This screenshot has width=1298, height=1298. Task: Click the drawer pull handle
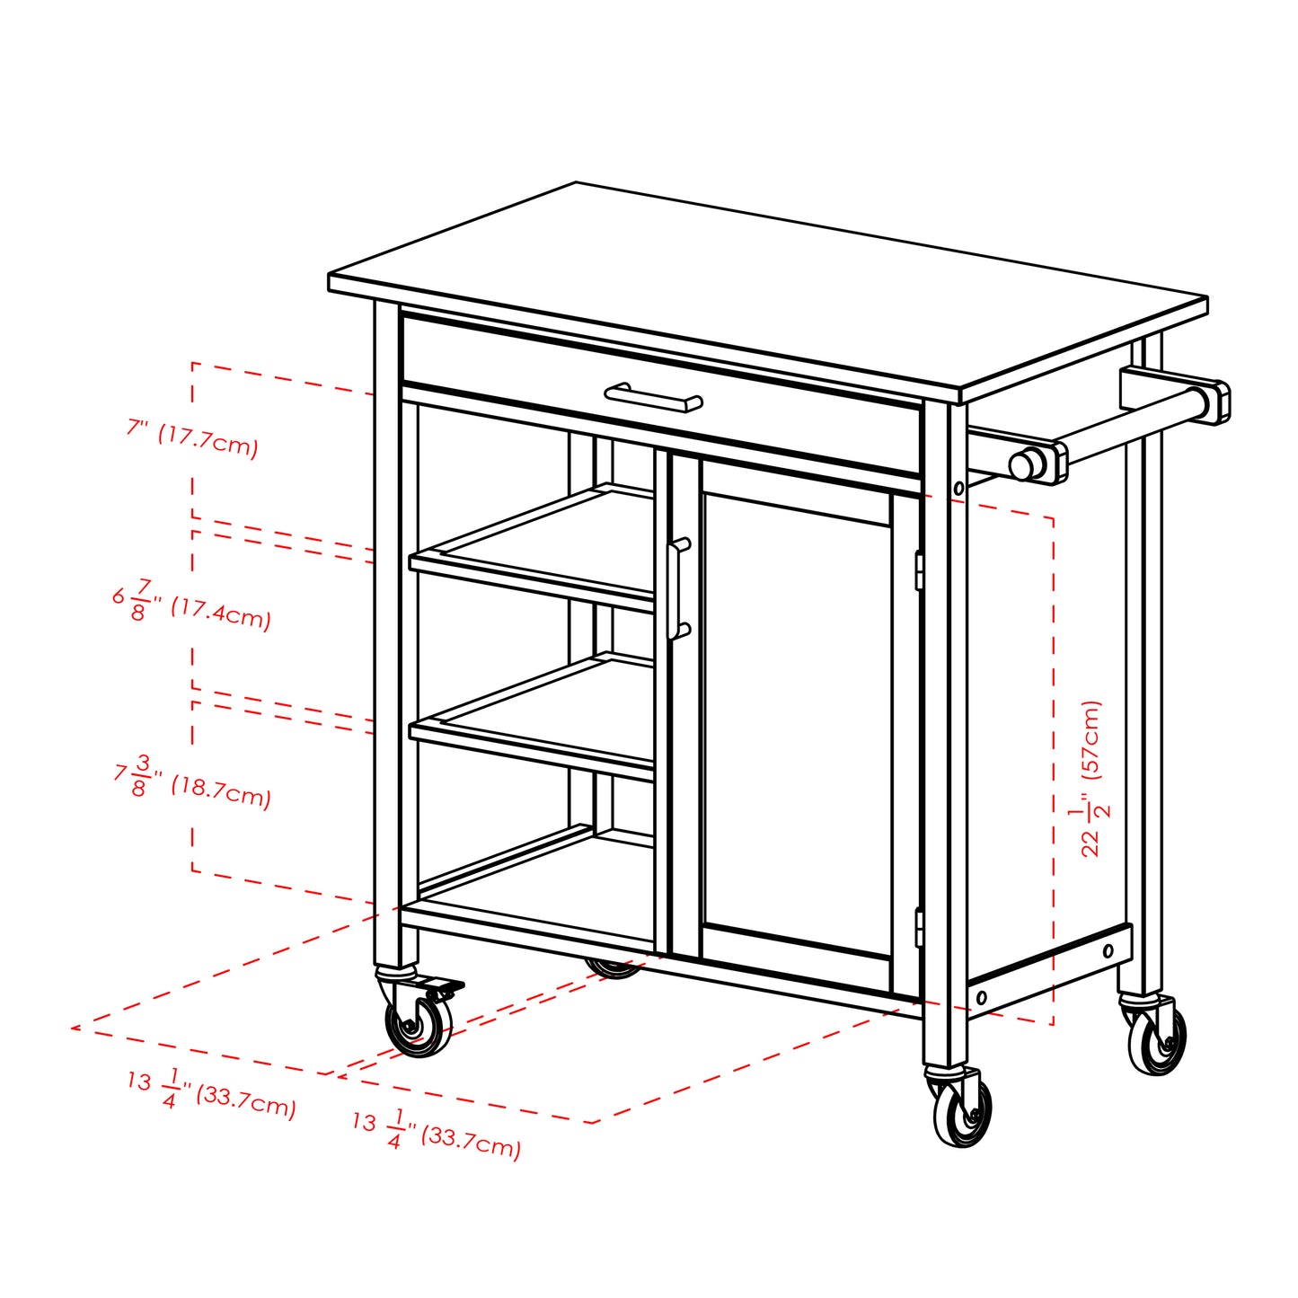click(653, 397)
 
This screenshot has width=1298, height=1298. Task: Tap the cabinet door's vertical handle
click(678, 588)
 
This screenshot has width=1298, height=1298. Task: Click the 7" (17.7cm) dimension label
click(192, 439)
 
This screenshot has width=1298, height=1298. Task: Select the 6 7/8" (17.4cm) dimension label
click(191, 605)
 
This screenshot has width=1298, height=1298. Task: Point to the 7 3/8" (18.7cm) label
click(192, 781)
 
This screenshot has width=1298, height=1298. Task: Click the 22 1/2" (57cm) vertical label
click(1090, 778)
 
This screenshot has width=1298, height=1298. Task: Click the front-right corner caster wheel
click(963, 1112)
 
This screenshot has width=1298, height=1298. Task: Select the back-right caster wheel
click(1157, 1039)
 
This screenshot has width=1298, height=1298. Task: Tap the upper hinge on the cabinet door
click(918, 570)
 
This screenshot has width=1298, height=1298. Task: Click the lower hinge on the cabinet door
click(918, 927)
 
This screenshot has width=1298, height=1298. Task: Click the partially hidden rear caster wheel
click(614, 968)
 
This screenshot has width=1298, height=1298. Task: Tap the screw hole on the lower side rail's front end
click(981, 997)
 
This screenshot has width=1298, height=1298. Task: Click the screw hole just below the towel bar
click(958, 489)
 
